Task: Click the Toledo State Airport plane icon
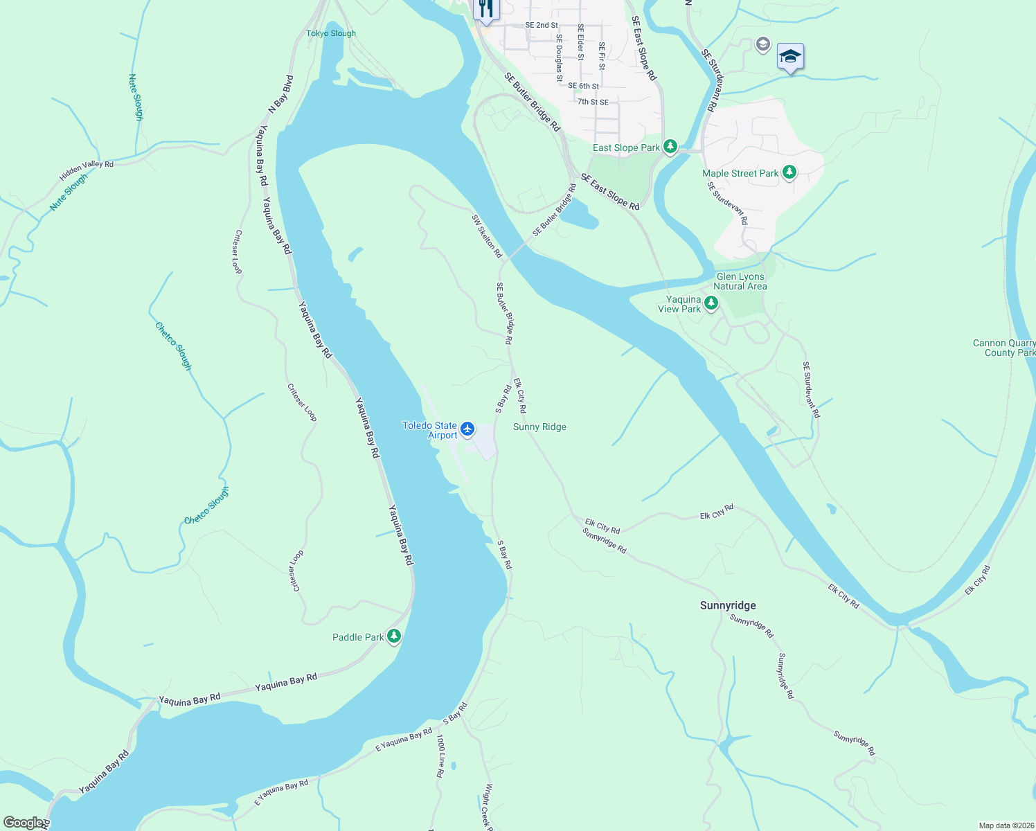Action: tap(467, 429)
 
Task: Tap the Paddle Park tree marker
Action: tap(394, 636)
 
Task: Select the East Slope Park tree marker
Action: tap(670, 147)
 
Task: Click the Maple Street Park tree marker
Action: tap(789, 172)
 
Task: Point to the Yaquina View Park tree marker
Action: tap(711, 303)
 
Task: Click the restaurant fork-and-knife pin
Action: tap(486, 10)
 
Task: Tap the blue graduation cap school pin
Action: tap(789, 56)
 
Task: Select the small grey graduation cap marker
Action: tap(762, 45)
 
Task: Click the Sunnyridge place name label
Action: tap(728, 605)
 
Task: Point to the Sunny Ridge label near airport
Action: tap(539, 427)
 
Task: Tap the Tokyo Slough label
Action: tap(331, 33)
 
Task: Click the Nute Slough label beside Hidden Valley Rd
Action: tap(69, 192)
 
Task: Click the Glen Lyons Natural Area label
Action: tap(740, 281)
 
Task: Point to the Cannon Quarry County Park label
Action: tap(1003, 348)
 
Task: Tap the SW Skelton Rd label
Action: tap(486, 236)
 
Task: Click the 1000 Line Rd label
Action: tap(440, 756)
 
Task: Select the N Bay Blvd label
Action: tap(280, 93)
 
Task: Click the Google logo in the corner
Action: tap(24, 822)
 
